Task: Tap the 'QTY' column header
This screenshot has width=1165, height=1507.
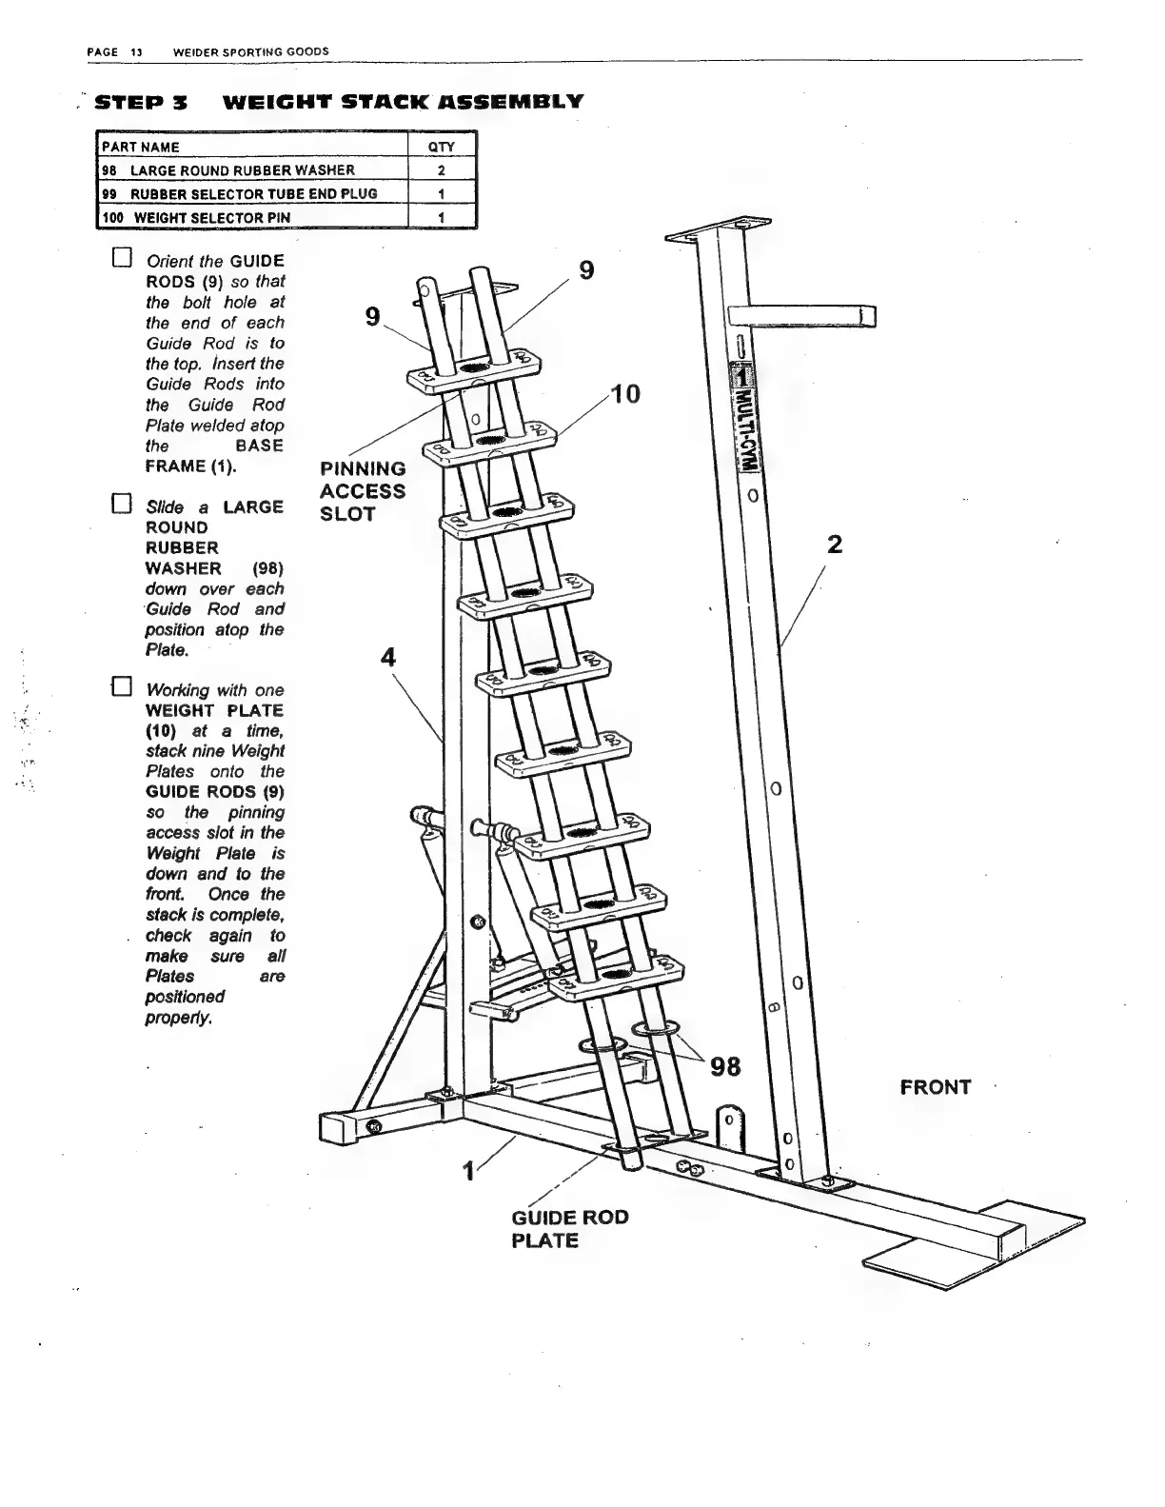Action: pyautogui.click(x=442, y=147)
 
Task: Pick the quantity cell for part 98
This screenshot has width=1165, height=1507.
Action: pyautogui.click(x=442, y=170)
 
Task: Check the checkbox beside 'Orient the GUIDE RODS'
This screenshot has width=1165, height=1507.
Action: pyautogui.click(x=121, y=259)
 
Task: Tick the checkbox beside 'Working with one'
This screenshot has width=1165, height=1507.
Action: pyautogui.click(x=121, y=687)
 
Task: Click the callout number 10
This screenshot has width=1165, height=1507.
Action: pyautogui.click(x=625, y=393)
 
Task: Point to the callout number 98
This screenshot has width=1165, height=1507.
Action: pyautogui.click(x=725, y=1066)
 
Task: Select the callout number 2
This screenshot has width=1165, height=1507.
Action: pyautogui.click(x=835, y=545)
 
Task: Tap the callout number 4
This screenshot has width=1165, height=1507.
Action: pyautogui.click(x=388, y=657)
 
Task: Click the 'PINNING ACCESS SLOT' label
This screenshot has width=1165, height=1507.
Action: pyautogui.click(x=363, y=491)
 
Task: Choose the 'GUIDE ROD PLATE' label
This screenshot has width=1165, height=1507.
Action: pyautogui.click(x=569, y=1228)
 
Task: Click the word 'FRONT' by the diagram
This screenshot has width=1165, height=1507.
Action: pyautogui.click(x=936, y=1087)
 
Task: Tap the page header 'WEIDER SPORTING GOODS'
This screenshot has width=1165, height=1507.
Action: pyautogui.click(x=251, y=50)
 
